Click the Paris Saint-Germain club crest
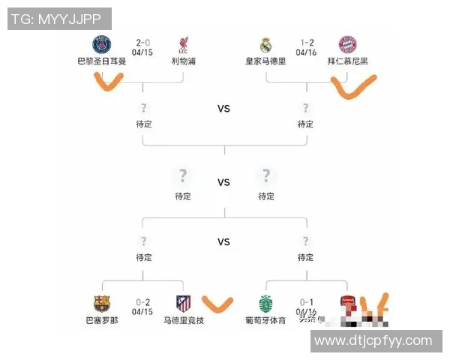point(101,43)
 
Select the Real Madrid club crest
point(265,44)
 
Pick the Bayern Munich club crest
point(347,44)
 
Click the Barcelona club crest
point(102,303)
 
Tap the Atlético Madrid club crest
point(183,303)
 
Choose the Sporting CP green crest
point(265,303)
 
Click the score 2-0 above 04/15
point(143,43)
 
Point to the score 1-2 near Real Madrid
point(306,43)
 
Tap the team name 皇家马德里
point(265,61)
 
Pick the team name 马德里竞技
point(183,320)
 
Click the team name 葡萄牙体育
point(265,320)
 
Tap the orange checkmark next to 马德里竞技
point(218,304)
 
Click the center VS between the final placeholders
point(223,182)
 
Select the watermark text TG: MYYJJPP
point(58,19)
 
